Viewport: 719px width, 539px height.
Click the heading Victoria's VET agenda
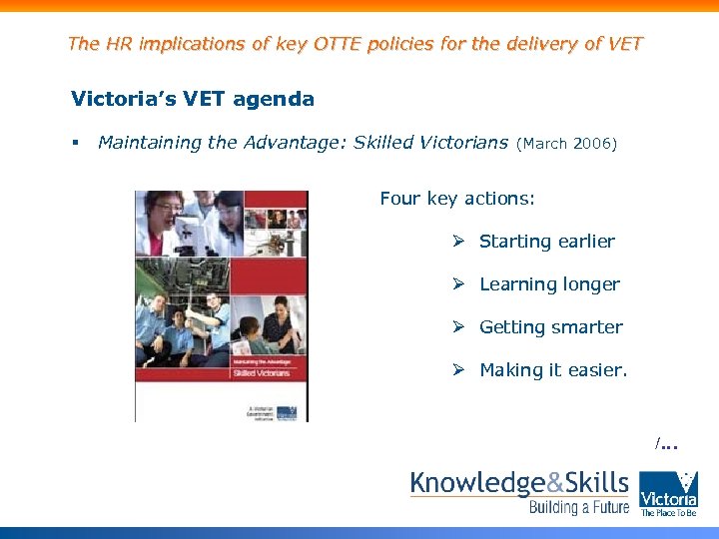[x=193, y=99]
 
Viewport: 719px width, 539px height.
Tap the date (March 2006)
[x=567, y=144]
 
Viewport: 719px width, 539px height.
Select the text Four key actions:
[x=457, y=199]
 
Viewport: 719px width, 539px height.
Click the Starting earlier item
[x=546, y=242]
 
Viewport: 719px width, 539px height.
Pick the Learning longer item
[x=549, y=284]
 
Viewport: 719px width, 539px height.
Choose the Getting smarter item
[x=550, y=327]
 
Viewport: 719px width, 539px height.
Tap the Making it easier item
[x=553, y=370]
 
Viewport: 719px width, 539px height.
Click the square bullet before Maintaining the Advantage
[x=76, y=144]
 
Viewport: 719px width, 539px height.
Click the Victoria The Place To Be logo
[x=669, y=493]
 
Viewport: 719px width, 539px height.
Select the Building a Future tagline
[x=579, y=508]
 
